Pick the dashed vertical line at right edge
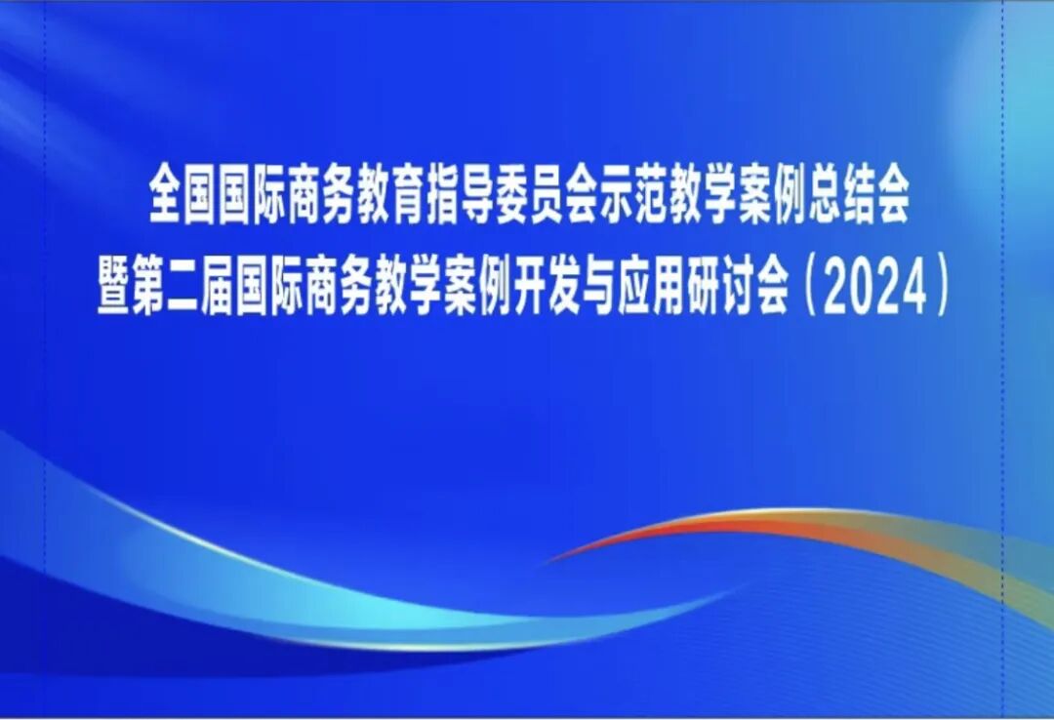tap(1004, 390)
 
